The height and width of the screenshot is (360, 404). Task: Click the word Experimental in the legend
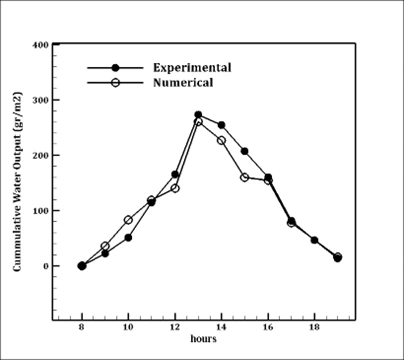point(192,67)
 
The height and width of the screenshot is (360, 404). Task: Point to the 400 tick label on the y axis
point(41,45)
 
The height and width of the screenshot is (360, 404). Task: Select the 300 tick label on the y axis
point(41,101)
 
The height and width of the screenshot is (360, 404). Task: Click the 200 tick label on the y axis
point(41,156)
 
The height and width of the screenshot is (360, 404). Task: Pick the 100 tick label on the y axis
point(41,211)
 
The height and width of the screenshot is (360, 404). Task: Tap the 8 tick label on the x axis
point(81,326)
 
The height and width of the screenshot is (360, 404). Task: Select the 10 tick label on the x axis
point(128,326)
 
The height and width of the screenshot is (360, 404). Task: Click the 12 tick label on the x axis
point(175,326)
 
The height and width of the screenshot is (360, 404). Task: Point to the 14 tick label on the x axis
point(221,326)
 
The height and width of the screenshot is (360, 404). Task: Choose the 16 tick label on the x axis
point(268,326)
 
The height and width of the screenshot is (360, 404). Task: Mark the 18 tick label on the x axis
point(314,326)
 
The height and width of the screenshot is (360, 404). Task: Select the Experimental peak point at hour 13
point(198,115)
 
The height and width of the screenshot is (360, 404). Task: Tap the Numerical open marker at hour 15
point(244,177)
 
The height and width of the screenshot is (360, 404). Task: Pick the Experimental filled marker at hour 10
point(128,238)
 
